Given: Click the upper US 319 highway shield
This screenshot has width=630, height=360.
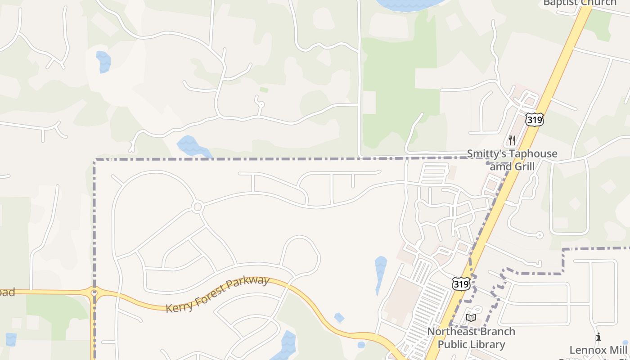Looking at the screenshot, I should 534,120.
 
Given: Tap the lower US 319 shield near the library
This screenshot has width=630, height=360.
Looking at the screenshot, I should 461,284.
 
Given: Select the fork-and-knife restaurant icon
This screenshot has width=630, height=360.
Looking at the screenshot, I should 512,140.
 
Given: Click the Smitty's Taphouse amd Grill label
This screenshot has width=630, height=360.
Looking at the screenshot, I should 512,160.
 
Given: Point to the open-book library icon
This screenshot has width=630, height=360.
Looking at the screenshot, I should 471,318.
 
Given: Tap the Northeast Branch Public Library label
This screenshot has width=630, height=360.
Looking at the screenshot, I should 471,338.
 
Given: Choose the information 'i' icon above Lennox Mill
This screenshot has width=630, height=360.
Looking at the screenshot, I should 598,337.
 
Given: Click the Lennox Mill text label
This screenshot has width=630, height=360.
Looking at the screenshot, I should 598,350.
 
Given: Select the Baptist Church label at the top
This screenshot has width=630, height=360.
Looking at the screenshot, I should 580,3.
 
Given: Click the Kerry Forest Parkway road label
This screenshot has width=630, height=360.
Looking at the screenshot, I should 218,295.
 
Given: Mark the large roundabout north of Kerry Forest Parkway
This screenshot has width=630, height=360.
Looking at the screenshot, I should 197,207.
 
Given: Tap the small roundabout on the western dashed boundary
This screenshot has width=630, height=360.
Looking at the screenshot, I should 94,293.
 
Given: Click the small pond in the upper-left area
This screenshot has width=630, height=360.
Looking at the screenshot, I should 103,61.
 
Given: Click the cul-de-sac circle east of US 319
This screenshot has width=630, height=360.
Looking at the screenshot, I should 540,235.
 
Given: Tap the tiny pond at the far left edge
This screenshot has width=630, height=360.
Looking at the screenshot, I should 11,339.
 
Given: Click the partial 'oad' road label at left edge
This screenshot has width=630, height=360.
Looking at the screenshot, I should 7,292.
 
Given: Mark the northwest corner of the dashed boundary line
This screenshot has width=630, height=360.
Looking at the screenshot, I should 95,160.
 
